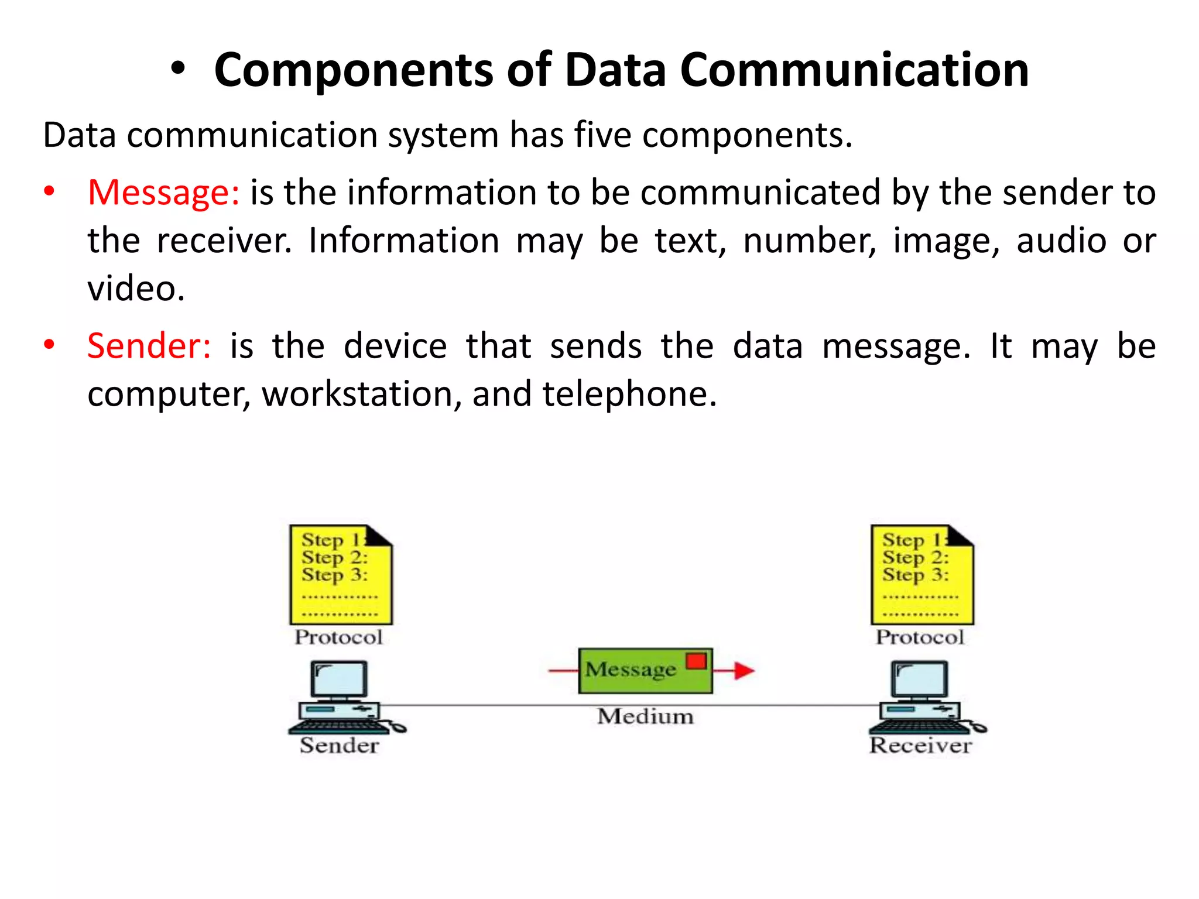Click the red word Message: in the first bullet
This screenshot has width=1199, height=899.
(163, 193)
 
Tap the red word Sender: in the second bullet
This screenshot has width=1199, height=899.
(149, 346)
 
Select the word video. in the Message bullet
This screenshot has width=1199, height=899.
(136, 289)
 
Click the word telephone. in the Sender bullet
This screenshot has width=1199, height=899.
(629, 394)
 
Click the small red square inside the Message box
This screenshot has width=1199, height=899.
(697, 661)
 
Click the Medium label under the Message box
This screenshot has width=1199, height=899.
(645, 716)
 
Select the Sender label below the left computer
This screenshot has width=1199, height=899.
(340, 746)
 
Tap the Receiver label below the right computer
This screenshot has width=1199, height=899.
(920, 746)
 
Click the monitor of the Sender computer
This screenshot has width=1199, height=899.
(339, 680)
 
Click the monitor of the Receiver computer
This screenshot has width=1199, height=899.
(920, 680)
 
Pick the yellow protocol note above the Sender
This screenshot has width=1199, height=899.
(341, 575)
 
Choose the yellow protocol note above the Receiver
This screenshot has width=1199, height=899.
(922, 575)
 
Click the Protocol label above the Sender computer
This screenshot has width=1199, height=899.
(338, 637)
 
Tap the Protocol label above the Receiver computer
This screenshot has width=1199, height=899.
(920, 637)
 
